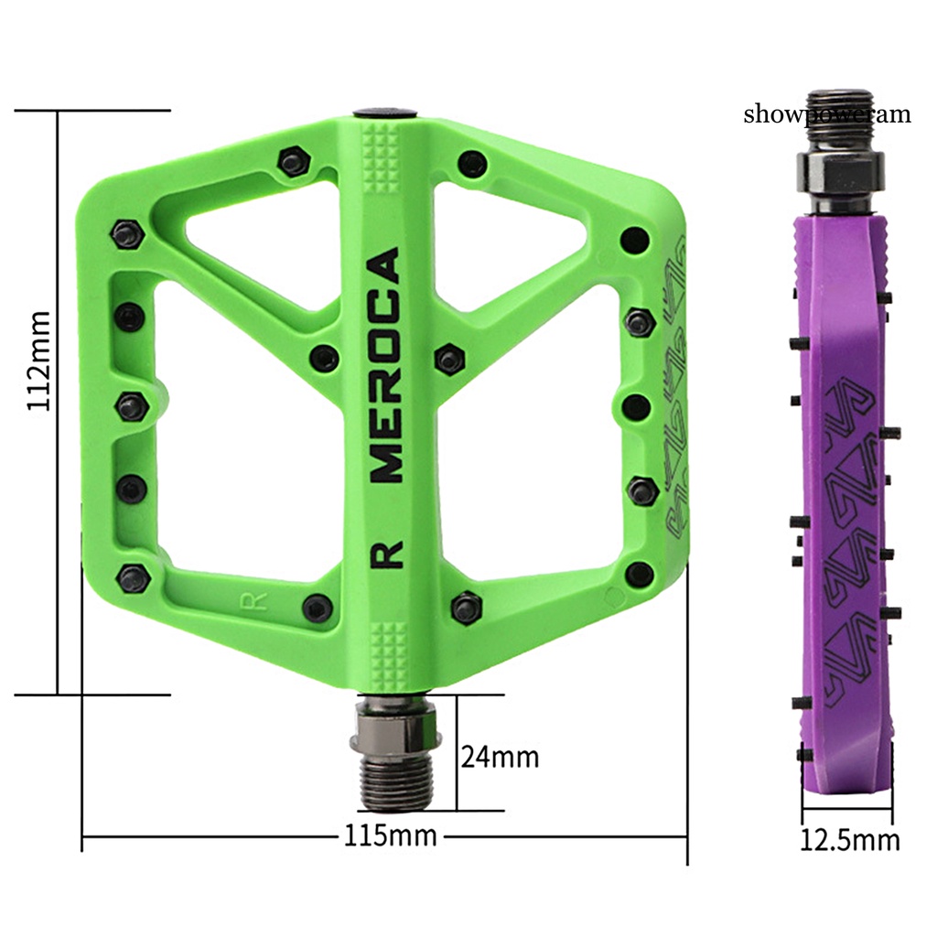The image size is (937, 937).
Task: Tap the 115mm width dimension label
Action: click(390, 835)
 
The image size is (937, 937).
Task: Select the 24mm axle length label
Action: click(500, 757)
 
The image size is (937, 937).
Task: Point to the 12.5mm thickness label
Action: click(849, 840)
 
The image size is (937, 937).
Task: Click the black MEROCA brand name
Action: click(385, 365)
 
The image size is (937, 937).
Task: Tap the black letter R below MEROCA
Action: click(387, 554)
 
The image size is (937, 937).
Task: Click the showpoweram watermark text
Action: click(827, 113)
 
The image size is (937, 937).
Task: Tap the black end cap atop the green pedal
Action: click(385, 113)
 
